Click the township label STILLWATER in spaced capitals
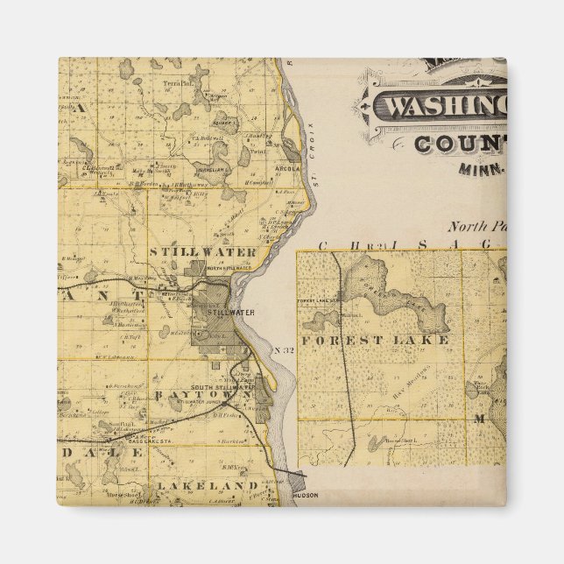(x=202, y=252)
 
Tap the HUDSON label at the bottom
(x=306, y=495)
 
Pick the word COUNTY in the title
(x=461, y=145)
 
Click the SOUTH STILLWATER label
(x=211, y=386)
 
